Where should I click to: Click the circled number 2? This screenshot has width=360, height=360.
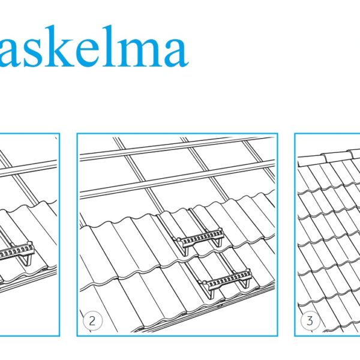point(92,321)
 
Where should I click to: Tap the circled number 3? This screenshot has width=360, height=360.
point(310,321)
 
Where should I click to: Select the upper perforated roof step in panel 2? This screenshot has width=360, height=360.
point(199,238)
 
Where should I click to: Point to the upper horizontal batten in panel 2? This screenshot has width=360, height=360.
point(177,149)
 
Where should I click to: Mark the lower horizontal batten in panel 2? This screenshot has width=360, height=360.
point(177,179)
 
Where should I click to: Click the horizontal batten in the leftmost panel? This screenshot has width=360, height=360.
point(28,169)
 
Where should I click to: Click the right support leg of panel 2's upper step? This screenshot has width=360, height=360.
point(218,242)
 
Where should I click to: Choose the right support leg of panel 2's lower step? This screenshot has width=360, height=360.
point(245,284)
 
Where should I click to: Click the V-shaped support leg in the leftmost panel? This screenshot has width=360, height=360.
point(27,260)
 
